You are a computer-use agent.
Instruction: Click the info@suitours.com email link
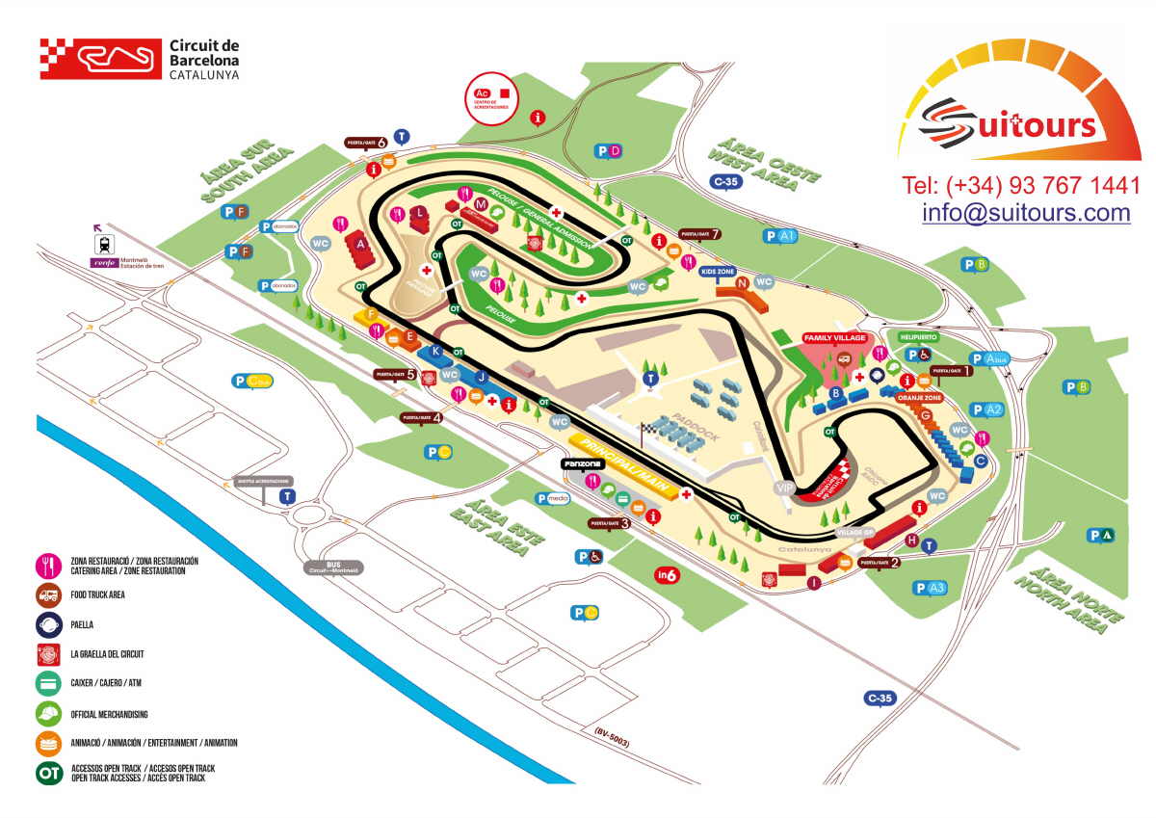1025,213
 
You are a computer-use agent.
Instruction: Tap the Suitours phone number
1020,184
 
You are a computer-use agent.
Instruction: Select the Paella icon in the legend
49,624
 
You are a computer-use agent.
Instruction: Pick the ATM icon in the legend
49,684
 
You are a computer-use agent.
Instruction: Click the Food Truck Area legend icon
49,594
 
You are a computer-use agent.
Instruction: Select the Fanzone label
583,463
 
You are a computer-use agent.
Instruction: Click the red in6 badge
668,575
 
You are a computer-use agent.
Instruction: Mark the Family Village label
834,338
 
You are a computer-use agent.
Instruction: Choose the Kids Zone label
719,272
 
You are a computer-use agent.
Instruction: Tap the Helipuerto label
917,337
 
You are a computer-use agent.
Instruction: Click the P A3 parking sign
932,588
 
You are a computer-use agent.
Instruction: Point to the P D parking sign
609,150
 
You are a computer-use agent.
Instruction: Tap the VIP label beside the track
785,488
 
